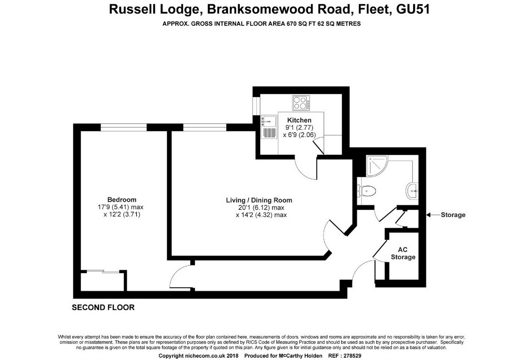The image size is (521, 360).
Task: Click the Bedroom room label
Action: point(122,200)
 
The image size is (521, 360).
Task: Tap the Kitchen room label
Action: point(299,120)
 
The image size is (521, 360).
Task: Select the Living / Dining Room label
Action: point(259,200)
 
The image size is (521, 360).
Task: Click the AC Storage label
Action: point(403,253)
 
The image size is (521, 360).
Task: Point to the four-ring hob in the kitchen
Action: point(301,103)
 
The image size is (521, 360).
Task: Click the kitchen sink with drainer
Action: point(268,127)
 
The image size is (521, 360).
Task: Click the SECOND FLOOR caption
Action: point(103,307)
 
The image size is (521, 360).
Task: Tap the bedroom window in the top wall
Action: point(123,127)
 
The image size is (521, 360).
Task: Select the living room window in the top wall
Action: point(205,127)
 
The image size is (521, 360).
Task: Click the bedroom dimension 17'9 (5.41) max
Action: point(120,207)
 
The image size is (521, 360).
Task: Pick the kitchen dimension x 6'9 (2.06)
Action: point(299,135)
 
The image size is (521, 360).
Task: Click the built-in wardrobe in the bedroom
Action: point(103,281)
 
